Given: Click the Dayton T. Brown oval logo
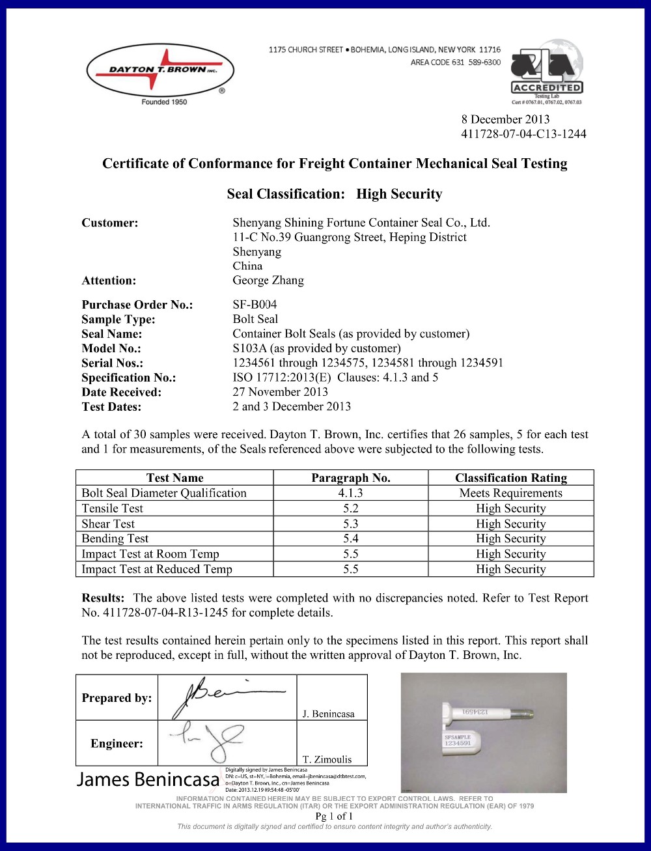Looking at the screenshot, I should click(x=160, y=70).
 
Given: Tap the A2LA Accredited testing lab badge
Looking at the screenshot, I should click(x=547, y=71).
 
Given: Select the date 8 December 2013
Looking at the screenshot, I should click(x=505, y=119).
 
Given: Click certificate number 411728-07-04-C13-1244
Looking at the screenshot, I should click(x=523, y=134).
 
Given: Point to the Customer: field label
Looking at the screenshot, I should click(x=110, y=223).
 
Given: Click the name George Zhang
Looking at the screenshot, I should click(x=268, y=281).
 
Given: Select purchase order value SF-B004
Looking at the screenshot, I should click(x=255, y=304).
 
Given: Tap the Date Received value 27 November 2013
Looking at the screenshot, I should click(x=280, y=392).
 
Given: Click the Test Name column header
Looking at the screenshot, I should click(x=174, y=478).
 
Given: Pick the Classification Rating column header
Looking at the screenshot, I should click(x=510, y=478).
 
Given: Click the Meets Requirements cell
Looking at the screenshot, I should click(x=510, y=493).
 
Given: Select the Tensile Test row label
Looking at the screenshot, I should click(x=112, y=509).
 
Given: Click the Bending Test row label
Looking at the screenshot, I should click(x=115, y=538).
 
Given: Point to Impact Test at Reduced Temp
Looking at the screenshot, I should click(x=156, y=569).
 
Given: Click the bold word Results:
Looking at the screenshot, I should click(x=103, y=598).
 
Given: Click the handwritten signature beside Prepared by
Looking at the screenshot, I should click(x=225, y=695).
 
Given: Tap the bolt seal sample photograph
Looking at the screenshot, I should click(x=483, y=732).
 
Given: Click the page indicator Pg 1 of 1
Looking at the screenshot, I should click(x=334, y=816).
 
